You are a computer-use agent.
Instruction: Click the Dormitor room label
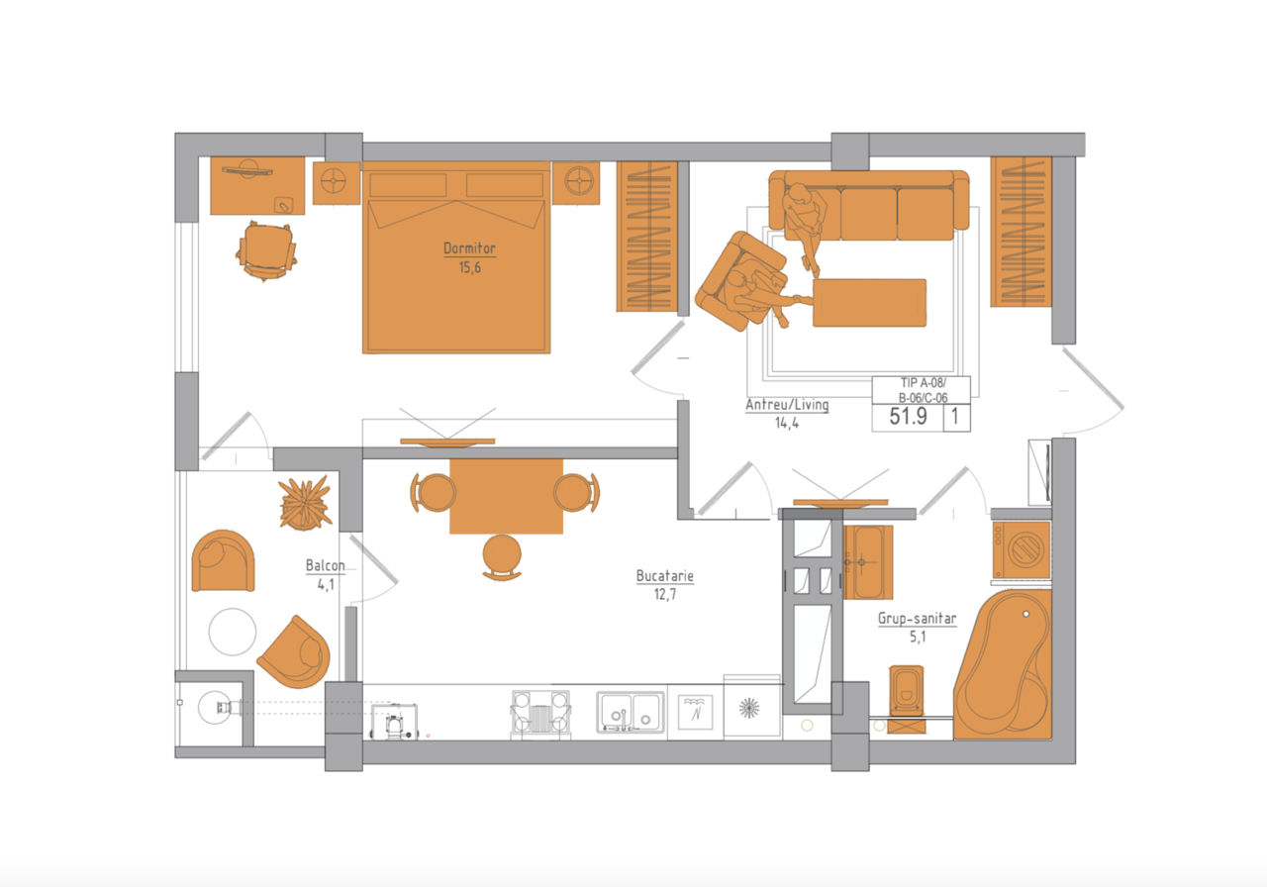(469, 248)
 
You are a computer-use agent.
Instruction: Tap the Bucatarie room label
(664, 576)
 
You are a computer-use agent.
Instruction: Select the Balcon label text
(325, 565)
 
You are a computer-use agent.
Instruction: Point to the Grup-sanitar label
(917, 619)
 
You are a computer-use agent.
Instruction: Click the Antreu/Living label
(787, 405)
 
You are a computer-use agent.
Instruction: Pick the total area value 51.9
(908, 417)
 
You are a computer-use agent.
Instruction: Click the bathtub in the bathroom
(1003, 664)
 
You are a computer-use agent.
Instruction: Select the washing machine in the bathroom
(1022, 549)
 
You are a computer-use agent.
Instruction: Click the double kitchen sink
(631, 712)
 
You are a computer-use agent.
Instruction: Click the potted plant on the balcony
(306, 503)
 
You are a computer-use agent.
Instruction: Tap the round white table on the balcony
(233, 632)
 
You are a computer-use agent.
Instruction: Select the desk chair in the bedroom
(266, 250)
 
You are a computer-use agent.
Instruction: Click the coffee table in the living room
(869, 303)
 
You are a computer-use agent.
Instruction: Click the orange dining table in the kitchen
(506, 496)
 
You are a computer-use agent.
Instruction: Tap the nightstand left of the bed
(337, 183)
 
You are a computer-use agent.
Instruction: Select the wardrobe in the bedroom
(647, 237)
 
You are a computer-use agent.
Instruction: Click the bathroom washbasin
(868, 562)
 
